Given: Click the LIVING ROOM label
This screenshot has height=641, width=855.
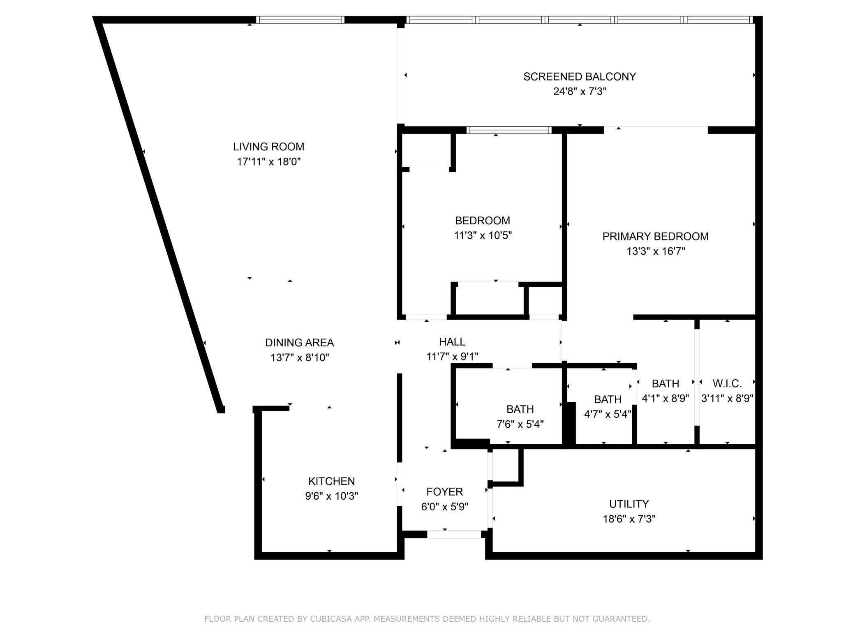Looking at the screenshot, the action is (x=268, y=147).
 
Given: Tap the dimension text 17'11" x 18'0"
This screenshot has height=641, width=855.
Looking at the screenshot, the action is (x=269, y=162).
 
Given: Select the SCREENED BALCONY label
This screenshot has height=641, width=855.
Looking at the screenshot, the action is (x=580, y=76).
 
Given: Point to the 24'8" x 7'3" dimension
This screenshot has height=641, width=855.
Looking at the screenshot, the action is (x=580, y=91).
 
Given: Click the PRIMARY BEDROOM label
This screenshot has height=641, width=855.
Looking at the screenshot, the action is (x=655, y=236).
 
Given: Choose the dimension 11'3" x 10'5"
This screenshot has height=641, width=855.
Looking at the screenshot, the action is (x=483, y=235).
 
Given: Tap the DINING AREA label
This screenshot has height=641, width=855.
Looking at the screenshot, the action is (x=299, y=343).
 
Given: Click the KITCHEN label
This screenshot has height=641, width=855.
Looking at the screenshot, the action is (x=331, y=481).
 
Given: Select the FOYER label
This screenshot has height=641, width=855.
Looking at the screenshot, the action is (x=444, y=492).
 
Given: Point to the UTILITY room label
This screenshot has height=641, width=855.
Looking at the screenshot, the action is (x=629, y=504).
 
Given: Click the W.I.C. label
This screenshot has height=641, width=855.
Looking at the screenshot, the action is (x=727, y=384).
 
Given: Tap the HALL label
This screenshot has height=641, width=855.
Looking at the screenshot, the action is (x=452, y=342).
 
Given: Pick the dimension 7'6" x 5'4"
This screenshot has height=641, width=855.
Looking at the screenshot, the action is (x=520, y=424).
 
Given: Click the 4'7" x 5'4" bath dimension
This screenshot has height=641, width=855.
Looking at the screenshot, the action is (x=608, y=414).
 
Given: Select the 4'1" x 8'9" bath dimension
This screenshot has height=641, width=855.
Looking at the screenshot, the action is (x=665, y=399).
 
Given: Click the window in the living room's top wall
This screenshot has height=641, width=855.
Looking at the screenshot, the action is (x=300, y=20).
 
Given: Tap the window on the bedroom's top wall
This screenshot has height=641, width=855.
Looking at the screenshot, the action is (x=509, y=130).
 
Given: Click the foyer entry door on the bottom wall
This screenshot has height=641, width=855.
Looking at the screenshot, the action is (x=454, y=534).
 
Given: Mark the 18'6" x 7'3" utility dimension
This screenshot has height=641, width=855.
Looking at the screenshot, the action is (x=629, y=519).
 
